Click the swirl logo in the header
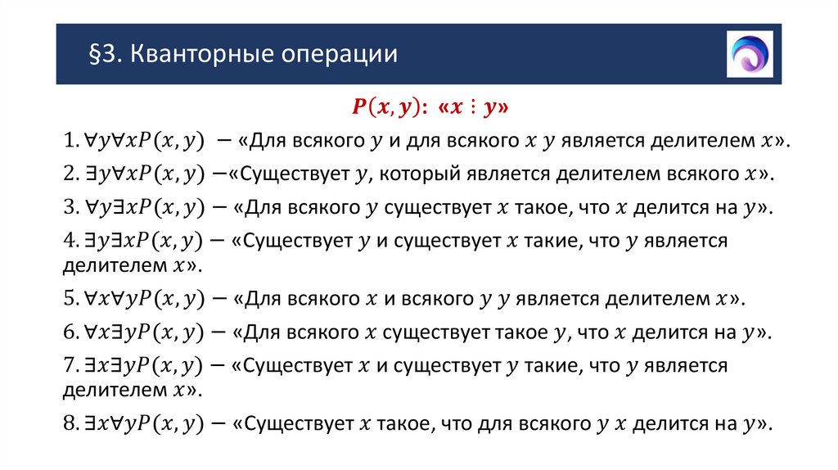coord(749,54)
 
